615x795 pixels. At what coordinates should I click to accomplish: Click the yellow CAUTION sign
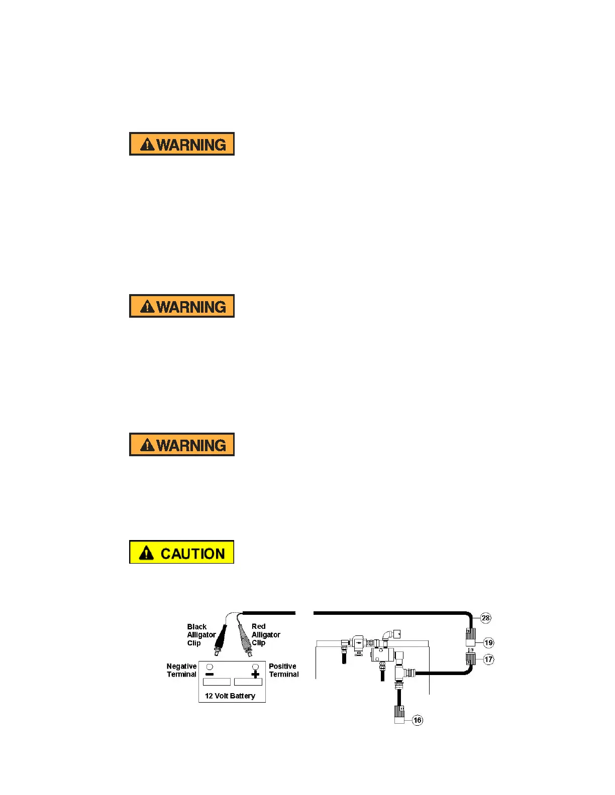181,552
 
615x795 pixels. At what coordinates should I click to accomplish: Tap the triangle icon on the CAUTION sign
146,553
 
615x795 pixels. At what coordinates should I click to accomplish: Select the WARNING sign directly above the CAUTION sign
181,445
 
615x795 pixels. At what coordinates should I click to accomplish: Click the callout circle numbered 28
486,618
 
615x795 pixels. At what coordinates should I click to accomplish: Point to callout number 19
489,642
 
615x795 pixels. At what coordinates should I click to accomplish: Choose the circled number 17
489,659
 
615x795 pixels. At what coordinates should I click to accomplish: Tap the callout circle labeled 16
418,720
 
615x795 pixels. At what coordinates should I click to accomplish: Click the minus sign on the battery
210,675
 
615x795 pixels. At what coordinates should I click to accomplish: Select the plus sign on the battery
255,675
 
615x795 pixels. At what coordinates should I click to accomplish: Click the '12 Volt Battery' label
230,696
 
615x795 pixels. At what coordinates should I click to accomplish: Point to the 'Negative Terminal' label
181,670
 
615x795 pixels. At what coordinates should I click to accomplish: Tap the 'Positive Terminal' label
283,670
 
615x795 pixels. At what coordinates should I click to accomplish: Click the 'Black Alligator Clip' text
200,635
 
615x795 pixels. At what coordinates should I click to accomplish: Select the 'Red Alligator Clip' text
265,634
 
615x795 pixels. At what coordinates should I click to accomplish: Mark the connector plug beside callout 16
399,715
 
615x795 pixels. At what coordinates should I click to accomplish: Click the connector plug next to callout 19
470,637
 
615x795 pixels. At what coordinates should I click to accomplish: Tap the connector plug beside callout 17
471,658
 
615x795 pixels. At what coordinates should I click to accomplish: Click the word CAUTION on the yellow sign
192,554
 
